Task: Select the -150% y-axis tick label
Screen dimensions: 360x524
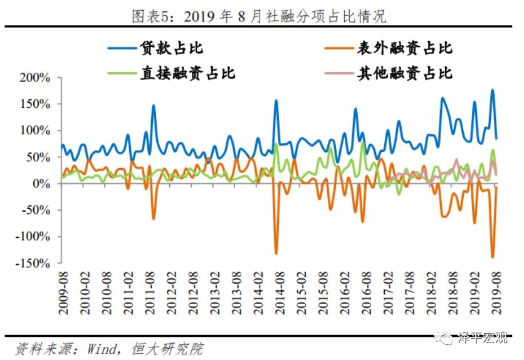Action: [31, 263]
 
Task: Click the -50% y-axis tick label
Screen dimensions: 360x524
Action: [34, 210]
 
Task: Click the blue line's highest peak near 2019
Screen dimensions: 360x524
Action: [493, 90]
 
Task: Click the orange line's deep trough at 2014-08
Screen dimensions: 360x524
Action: [276, 253]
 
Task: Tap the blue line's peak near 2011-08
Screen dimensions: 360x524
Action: [154, 105]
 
